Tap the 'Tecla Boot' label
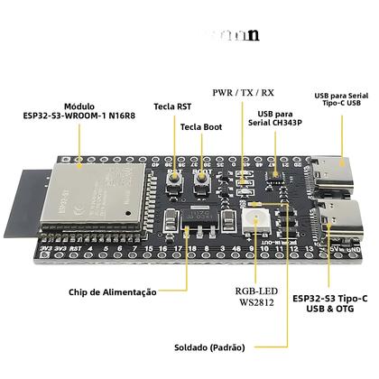point(200,127)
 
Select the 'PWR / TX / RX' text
point(245,93)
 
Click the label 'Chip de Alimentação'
point(112,292)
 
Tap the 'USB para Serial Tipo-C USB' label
point(340,99)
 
